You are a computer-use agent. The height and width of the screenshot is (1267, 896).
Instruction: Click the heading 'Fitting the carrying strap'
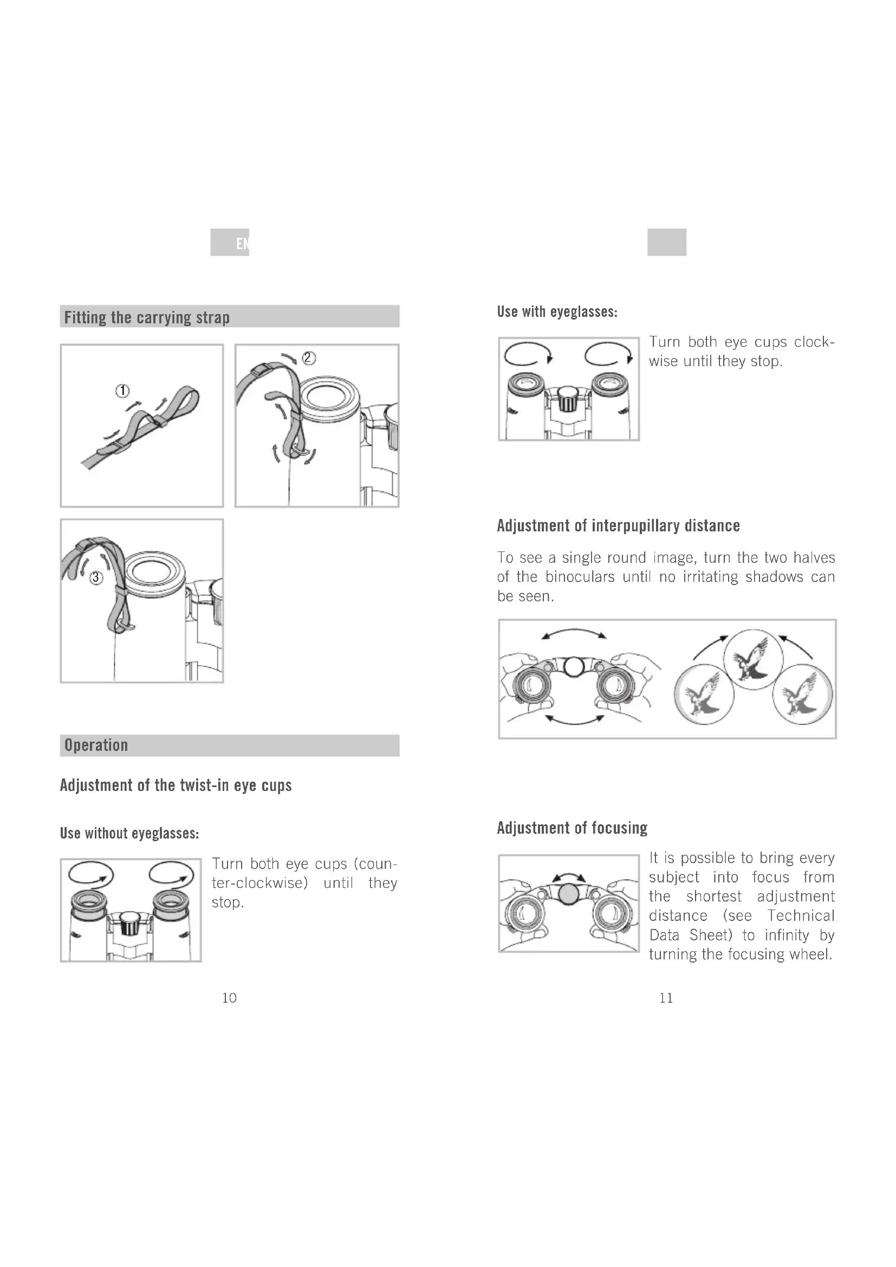click(x=147, y=317)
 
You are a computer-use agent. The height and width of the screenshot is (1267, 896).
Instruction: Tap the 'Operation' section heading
click(x=96, y=745)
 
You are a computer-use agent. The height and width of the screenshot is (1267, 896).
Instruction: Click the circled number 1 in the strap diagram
click(x=122, y=391)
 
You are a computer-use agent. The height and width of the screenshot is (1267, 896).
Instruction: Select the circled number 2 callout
click(x=309, y=358)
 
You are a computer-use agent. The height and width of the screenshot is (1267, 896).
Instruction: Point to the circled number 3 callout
click(x=96, y=577)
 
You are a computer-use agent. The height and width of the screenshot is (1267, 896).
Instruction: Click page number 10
click(x=229, y=998)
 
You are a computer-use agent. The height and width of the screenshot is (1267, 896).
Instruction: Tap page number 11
click(x=666, y=998)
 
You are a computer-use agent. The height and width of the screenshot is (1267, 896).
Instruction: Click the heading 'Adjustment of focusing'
click(x=572, y=828)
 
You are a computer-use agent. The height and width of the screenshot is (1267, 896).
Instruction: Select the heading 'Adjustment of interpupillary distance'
click(x=619, y=525)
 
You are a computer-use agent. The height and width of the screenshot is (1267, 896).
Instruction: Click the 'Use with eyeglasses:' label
click(x=557, y=312)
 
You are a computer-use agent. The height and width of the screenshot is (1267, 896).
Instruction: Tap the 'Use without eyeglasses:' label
click(x=129, y=833)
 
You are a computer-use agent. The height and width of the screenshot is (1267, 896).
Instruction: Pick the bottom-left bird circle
click(x=704, y=694)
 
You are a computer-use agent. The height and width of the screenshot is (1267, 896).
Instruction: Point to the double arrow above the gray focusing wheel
click(x=569, y=875)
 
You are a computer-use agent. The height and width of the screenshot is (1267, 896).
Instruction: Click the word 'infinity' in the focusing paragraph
click(x=787, y=935)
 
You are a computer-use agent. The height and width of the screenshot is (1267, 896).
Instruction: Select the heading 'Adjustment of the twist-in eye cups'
click(x=176, y=785)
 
